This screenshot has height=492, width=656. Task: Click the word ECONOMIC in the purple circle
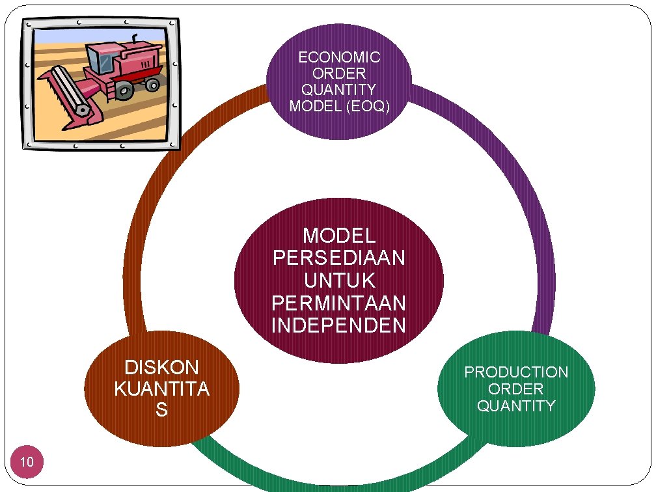point(339,57)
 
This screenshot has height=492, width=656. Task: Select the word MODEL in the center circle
point(339,235)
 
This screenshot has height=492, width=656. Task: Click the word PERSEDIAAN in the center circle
point(339,258)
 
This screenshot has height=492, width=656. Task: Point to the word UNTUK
point(339,280)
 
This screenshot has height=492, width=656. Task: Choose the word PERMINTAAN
point(339,303)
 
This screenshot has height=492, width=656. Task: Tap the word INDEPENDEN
point(339,325)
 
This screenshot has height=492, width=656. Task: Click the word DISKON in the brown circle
point(161,368)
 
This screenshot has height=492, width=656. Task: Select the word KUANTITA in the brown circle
point(161,389)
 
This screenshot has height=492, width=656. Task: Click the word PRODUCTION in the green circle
point(516,372)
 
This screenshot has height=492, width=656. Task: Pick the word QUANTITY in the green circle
point(516,406)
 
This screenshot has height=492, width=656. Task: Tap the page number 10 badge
point(27,463)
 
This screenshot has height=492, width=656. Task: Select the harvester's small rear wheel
point(152,85)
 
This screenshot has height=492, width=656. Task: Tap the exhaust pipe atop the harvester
point(135,38)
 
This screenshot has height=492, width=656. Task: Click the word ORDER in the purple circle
point(339,74)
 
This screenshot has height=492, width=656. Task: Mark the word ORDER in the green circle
point(516,389)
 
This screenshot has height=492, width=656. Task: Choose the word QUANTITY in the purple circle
point(339,90)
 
